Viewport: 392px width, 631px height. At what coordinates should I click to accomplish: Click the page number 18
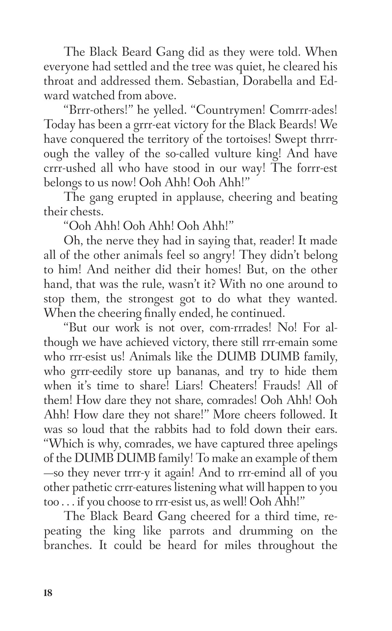pyautogui.click(x=48, y=593)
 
